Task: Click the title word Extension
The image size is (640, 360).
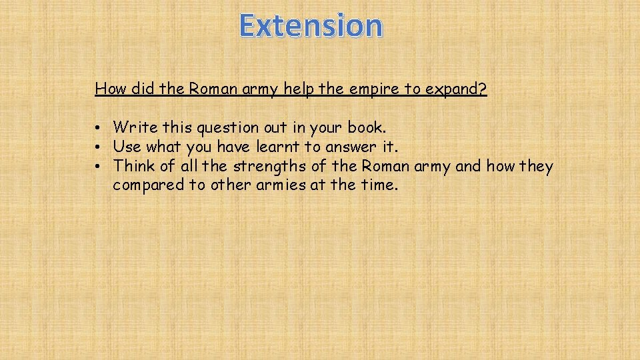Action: pyautogui.click(x=311, y=26)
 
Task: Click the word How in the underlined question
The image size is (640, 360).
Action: pyautogui.click(x=109, y=89)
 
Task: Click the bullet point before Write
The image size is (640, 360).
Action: pyautogui.click(x=97, y=127)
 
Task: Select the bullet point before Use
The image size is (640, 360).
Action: pyautogui.click(x=97, y=147)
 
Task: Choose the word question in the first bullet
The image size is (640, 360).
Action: pyautogui.click(x=218, y=127)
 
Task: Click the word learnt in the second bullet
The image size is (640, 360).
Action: pyautogui.click(x=273, y=147)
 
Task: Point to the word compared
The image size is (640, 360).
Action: pyautogui.click(x=149, y=185)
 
